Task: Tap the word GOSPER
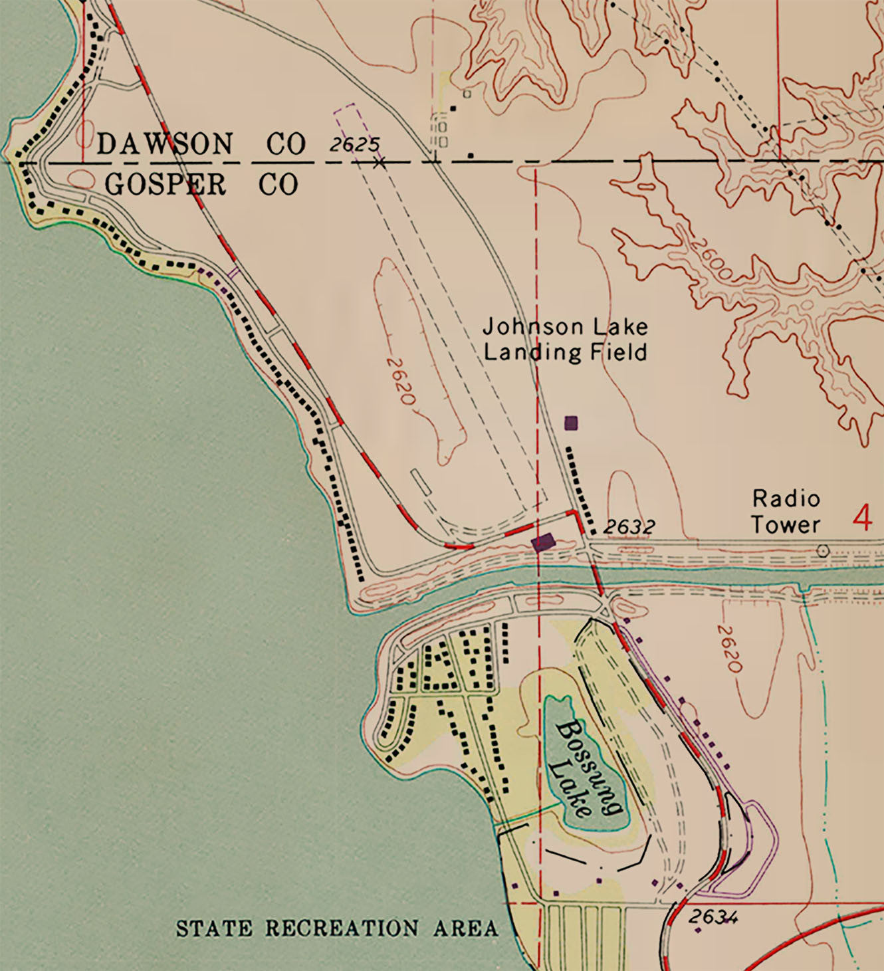click(x=166, y=185)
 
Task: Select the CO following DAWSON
click(x=286, y=144)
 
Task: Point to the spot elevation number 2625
click(x=354, y=144)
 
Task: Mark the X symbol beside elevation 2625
click(x=379, y=162)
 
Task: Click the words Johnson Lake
click(x=565, y=327)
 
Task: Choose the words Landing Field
click(x=565, y=352)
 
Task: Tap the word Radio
click(x=786, y=498)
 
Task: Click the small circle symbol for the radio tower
click(x=823, y=550)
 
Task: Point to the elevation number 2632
click(x=629, y=527)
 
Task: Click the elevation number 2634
click(x=713, y=917)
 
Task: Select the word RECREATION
click(x=342, y=928)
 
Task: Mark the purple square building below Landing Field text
click(x=571, y=422)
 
